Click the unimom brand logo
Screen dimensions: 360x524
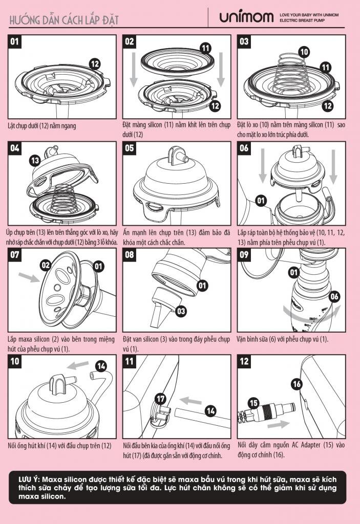[x=246, y=17]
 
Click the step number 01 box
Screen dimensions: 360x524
[x=15, y=41]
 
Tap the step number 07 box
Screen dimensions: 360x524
[x=15, y=255]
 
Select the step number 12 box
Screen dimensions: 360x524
[x=244, y=361]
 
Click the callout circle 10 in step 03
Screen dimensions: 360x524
[x=304, y=52]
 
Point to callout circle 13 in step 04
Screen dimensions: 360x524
[x=35, y=160]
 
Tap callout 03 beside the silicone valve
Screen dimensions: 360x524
[x=181, y=311]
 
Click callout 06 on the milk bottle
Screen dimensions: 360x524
[x=334, y=296]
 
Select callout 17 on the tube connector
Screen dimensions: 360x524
[x=161, y=398]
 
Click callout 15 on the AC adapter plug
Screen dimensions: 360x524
[x=254, y=403]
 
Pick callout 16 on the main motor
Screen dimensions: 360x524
[x=297, y=384]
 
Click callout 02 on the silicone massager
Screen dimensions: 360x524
[x=46, y=266]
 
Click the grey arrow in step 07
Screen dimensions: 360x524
[x=29, y=277]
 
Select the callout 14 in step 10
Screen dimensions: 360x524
[x=101, y=366]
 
